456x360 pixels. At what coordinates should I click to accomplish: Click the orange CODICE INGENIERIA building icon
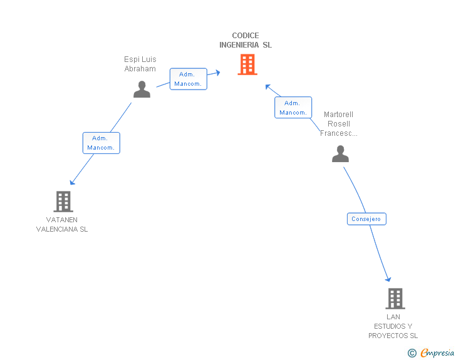pos(247,64)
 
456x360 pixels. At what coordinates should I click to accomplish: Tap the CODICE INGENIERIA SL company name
pos(246,40)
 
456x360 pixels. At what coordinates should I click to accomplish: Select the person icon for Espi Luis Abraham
pos(142,90)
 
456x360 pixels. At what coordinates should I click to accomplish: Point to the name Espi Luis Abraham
pos(140,64)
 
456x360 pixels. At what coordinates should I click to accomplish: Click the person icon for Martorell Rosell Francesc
pos(340,154)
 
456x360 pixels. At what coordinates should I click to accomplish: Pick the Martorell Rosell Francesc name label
pos(338,123)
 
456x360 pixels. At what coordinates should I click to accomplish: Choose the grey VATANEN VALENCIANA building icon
pos(63,202)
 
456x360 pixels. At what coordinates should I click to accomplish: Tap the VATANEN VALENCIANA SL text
pos(62,224)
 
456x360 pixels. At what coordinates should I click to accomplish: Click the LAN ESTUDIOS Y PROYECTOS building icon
pos(395,299)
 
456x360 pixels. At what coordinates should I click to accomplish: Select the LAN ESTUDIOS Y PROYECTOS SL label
pos(393,326)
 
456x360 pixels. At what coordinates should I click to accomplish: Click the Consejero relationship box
pos(366,219)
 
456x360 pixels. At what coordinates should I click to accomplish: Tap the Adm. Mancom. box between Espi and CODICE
pos(189,79)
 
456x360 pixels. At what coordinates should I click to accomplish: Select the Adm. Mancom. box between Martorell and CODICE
pos(293,108)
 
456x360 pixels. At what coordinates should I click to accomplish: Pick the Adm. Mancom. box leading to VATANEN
pos(101,143)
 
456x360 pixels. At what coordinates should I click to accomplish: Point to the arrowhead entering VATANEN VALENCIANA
pos(72,182)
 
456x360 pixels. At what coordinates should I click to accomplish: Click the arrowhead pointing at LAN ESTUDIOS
pos(388,279)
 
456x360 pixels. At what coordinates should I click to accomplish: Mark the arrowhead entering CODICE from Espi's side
pos(217,73)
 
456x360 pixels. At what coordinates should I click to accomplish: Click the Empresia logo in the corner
pos(437,353)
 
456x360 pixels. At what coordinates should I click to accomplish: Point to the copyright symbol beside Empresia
pos(412,354)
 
